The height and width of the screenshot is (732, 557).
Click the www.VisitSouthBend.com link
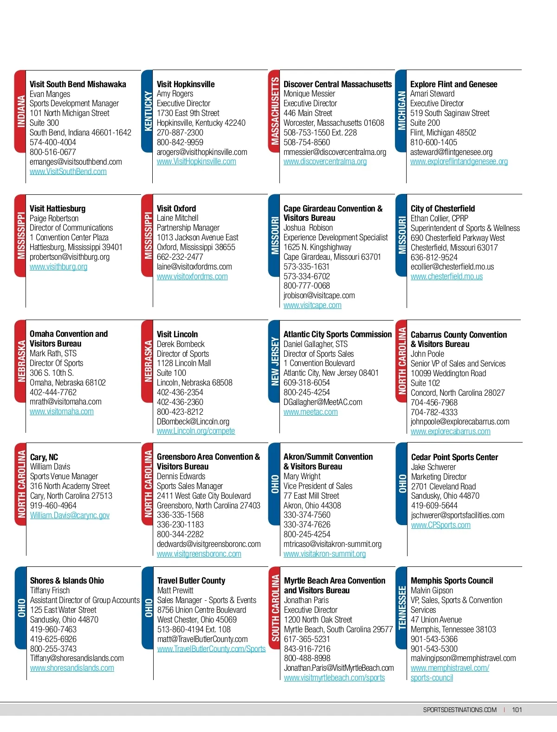pyautogui.click(x=68, y=172)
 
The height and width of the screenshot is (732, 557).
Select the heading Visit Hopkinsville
pyautogui.click(x=186, y=84)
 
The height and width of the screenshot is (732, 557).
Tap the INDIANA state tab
pyautogui.click(x=20, y=111)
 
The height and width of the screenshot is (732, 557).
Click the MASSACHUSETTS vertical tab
pyautogui.click(x=274, y=111)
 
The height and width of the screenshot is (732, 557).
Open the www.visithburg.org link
pyautogui.click(x=58, y=267)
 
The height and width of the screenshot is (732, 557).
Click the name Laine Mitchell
pyautogui.click(x=177, y=218)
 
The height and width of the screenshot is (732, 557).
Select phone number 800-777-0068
pyautogui.click(x=307, y=286)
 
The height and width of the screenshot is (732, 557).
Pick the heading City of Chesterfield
pyautogui.click(x=443, y=209)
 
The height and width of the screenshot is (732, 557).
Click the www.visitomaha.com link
pyautogui.click(x=62, y=411)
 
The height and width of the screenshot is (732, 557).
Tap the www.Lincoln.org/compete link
pyautogui.click(x=196, y=431)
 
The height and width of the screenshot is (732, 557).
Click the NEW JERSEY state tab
pyautogui.click(x=274, y=361)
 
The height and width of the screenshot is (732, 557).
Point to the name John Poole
pyautogui.click(x=427, y=354)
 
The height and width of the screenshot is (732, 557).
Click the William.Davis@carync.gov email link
pyautogui.click(x=70, y=515)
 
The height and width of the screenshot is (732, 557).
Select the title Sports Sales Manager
pyautogui.click(x=190, y=486)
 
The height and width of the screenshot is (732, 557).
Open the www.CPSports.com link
pyautogui.click(x=441, y=525)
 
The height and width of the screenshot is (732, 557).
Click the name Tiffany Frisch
pyautogui.click(x=50, y=591)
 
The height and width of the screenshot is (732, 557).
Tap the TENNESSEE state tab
pyautogui.click(x=402, y=608)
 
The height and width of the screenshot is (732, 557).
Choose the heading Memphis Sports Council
pyautogui.click(x=452, y=581)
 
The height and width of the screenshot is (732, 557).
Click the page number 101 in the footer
pyautogui.click(x=517, y=710)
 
